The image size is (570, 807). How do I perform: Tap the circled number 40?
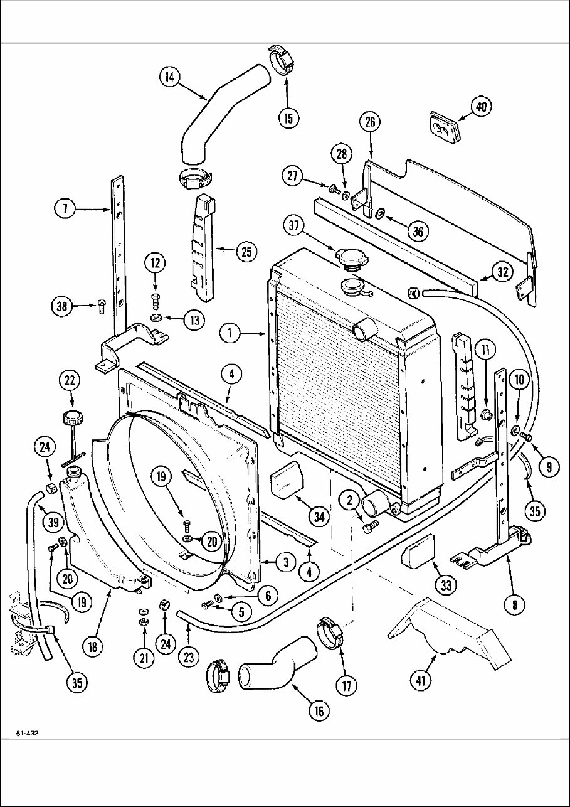tap(482, 107)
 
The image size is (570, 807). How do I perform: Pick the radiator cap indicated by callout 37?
tap(351, 257)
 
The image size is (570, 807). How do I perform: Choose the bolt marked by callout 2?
tap(369, 527)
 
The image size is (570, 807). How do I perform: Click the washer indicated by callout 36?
tap(380, 213)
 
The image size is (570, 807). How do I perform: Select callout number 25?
tap(246, 252)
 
